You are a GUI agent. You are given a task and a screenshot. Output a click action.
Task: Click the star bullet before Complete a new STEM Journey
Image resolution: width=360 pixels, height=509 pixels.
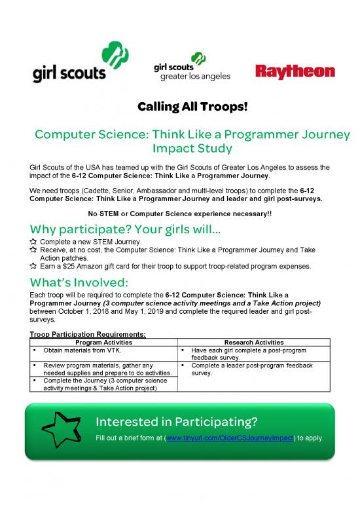coord(35,242)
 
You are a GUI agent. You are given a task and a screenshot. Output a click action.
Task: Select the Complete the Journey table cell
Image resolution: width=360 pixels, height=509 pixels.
coord(101,384)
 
